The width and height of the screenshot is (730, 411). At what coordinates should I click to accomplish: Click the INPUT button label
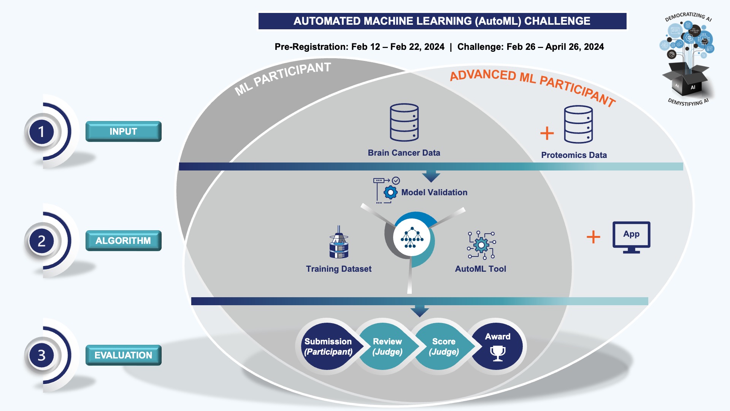click(123, 132)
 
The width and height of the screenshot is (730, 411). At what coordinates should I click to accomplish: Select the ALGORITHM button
click(123, 241)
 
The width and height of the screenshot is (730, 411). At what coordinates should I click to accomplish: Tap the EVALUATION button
click(123, 355)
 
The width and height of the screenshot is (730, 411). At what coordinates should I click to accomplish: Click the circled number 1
click(41, 132)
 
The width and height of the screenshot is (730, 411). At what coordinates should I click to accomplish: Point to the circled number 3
click(41, 355)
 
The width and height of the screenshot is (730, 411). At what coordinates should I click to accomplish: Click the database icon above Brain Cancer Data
click(404, 122)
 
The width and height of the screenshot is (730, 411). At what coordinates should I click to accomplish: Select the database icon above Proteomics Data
click(578, 124)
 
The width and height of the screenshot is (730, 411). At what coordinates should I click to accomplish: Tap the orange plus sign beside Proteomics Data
click(547, 133)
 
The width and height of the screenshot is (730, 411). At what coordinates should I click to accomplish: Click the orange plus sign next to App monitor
click(593, 237)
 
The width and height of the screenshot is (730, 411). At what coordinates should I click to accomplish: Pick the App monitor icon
click(631, 237)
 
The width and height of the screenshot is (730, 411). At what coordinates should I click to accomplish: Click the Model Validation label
click(434, 193)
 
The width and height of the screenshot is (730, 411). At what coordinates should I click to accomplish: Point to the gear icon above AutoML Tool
click(481, 245)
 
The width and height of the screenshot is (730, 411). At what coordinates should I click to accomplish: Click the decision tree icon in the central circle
click(412, 237)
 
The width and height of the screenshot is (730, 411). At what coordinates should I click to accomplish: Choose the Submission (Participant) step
click(328, 346)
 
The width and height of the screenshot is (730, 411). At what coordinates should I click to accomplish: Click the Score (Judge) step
click(444, 346)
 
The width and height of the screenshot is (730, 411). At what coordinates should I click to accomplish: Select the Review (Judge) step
click(387, 346)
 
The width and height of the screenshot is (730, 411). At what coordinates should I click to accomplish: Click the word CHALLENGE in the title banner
click(557, 21)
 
